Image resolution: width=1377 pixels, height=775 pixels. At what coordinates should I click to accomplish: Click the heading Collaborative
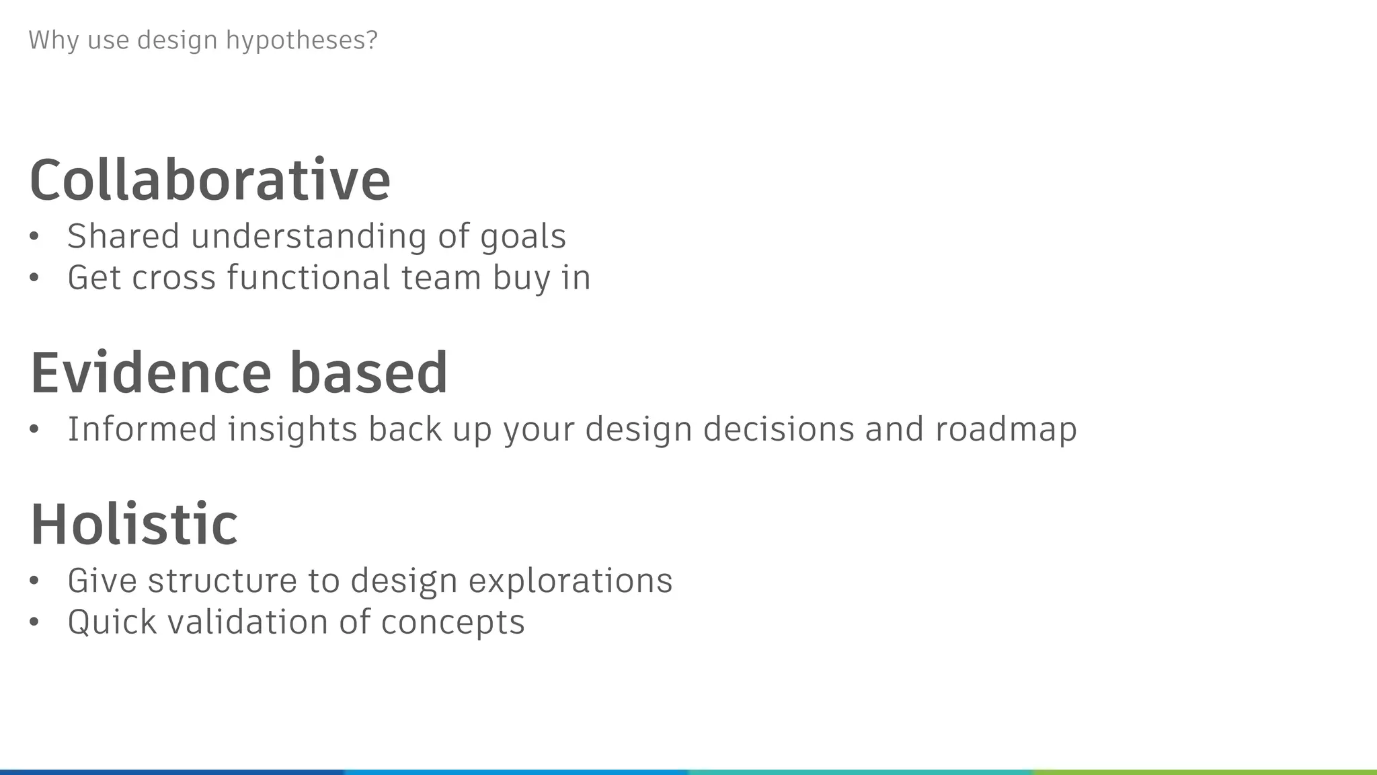pos(210,180)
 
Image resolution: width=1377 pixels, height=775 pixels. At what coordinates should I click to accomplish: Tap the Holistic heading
pos(134,524)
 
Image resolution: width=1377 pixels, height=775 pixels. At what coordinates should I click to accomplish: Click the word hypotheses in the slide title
pos(302,40)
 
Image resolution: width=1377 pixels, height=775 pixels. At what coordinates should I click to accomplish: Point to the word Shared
pos(123,236)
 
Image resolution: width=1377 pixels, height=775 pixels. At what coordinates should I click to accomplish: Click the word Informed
pos(142,429)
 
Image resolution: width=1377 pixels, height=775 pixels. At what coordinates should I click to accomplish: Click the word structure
pos(222,581)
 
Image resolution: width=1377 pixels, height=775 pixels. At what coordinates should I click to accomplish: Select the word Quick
pos(112,622)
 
